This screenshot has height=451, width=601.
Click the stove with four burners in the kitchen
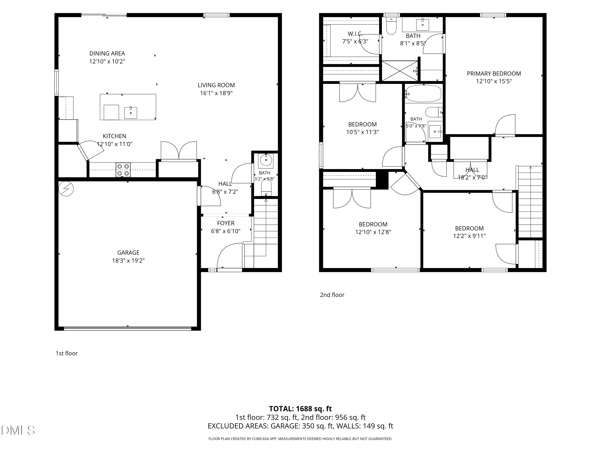(123, 170)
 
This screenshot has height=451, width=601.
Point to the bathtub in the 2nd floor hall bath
(423, 94)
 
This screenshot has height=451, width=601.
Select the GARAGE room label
(128, 253)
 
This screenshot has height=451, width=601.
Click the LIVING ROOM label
(216, 85)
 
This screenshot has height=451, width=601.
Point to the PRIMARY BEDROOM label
(494, 73)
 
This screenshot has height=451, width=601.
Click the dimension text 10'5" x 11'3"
(362, 132)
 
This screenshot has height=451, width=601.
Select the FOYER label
(226, 223)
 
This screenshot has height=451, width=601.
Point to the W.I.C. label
(355, 34)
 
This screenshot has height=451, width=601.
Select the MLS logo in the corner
(18, 430)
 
